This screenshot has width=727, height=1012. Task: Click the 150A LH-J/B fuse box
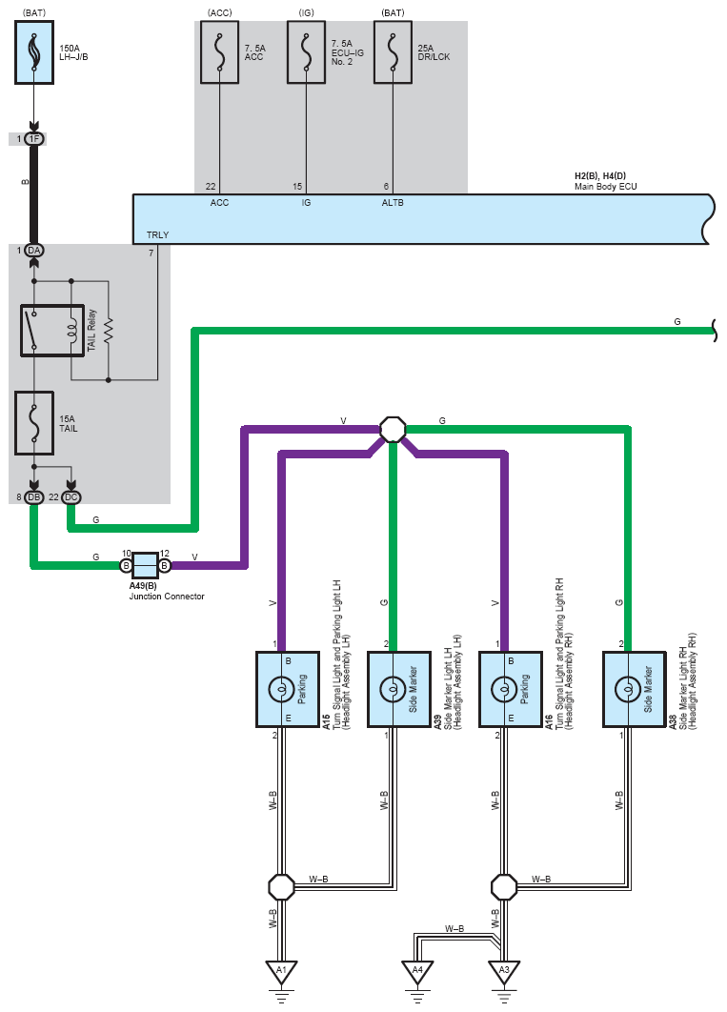pos(34,52)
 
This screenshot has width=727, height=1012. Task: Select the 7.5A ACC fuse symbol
pos(219,52)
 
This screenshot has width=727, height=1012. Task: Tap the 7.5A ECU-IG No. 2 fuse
pos(307,52)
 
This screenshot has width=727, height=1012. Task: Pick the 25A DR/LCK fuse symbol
pos(393,52)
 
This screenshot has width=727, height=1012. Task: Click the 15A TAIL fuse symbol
pos(34,423)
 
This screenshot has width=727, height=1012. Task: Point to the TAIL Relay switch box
pos(52,331)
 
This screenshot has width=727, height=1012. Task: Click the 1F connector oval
pos(34,139)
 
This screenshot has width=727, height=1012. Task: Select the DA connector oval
pos(34,251)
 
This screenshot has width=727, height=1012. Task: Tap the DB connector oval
pos(34,497)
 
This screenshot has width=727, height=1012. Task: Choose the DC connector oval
pos(71,497)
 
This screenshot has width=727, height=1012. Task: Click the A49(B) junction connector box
pos(146,565)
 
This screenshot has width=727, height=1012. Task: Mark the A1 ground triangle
pos(281,972)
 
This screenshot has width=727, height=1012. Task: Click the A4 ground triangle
pos(417,972)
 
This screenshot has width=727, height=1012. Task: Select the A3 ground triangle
pos(504,972)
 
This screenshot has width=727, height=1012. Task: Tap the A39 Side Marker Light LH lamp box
pos(399,689)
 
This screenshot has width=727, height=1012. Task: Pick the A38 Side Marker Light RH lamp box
pos(635,689)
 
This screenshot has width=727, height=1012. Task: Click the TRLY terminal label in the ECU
pos(157,235)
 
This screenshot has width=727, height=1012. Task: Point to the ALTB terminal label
pos(393,203)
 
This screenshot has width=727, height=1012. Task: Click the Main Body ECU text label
pos(606,187)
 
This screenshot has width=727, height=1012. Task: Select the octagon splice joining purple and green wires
pos(393,429)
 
